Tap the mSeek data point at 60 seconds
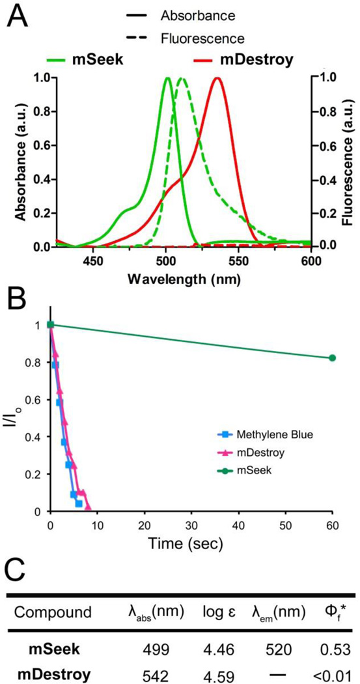(x=332, y=358)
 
